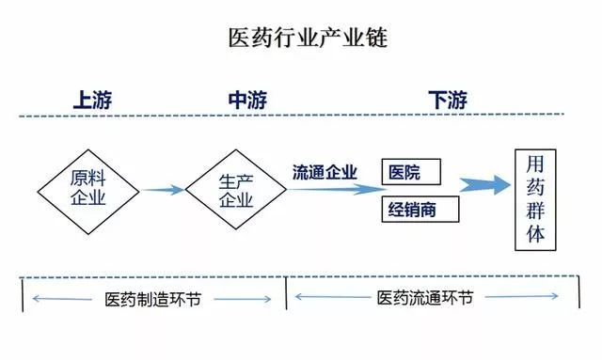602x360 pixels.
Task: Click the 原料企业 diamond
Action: point(89,189)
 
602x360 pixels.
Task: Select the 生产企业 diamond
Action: point(235,189)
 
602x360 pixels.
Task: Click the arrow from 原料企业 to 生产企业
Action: point(162,190)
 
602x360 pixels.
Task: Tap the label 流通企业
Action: point(325,171)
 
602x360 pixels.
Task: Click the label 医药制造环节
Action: point(153,300)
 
